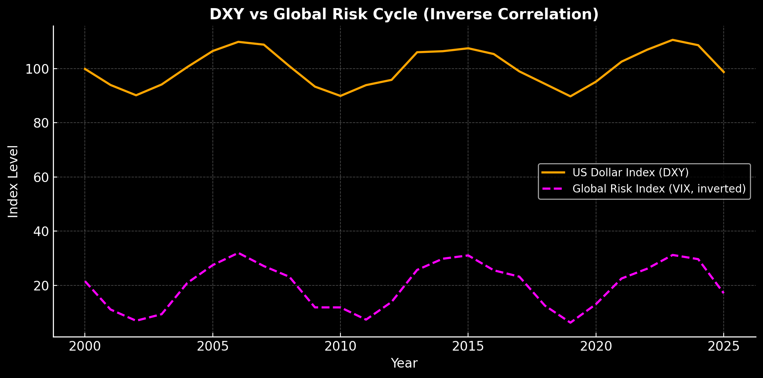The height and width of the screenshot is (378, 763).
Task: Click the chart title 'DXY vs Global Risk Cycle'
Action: [x=404, y=15]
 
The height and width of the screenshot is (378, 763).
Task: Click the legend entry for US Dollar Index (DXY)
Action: [x=630, y=172]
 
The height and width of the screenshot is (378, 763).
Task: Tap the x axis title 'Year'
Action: [x=404, y=363]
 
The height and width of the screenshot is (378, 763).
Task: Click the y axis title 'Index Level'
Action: [x=13, y=181]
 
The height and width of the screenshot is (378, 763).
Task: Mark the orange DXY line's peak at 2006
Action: [x=238, y=42]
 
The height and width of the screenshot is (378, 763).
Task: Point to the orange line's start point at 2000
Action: [x=85, y=69]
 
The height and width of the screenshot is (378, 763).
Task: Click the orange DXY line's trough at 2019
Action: [x=570, y=96]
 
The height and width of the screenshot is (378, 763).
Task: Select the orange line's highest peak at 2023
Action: [x=672, y=40]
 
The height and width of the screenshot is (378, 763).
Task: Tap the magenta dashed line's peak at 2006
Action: [x=238, y=253]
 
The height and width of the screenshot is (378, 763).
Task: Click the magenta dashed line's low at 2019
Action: [x=570, y=322]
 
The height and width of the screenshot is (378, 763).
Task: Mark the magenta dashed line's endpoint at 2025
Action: [x=723, y=293]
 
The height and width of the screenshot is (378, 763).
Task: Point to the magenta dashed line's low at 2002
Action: [x=136, y=321]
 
